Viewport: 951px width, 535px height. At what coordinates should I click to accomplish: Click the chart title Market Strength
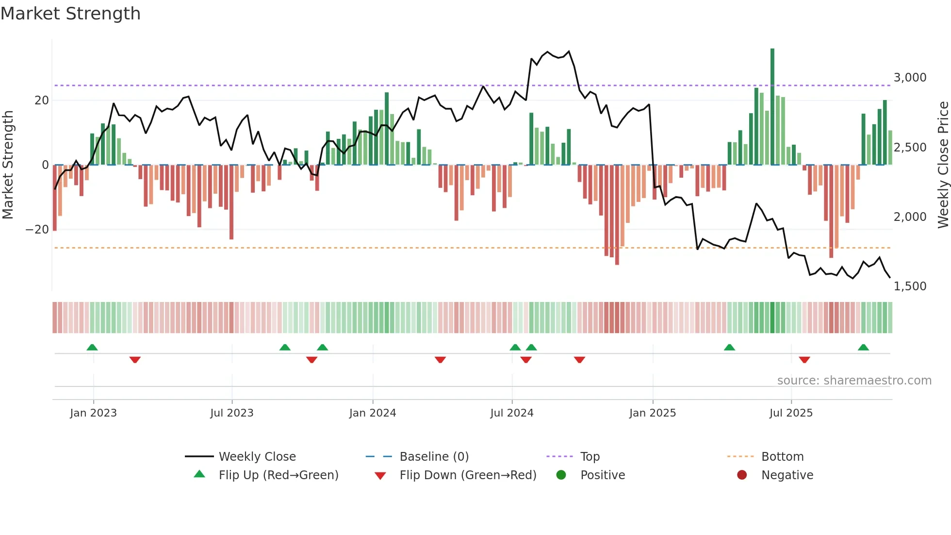coord(70,14)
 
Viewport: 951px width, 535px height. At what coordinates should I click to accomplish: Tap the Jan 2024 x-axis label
coord(372,413)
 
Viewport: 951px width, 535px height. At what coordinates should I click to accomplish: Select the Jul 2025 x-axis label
coord(790,413)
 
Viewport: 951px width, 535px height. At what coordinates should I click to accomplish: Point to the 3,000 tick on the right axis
coord(910,78)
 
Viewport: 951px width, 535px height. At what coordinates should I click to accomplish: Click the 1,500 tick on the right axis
coord(910,286)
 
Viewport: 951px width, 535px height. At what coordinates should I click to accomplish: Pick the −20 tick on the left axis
coord(37,230)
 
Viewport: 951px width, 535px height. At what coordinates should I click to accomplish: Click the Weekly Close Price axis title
coord(943,165)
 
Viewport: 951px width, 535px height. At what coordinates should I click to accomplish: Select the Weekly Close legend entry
coord(257,457)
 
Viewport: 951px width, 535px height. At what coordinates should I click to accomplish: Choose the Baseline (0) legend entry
coord(434,457)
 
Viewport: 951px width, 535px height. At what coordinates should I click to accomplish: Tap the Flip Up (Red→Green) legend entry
coord(278,475)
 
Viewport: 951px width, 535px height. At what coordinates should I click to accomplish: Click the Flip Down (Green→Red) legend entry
coord(468,475)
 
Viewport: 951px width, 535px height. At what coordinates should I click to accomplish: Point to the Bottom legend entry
coord(782,457)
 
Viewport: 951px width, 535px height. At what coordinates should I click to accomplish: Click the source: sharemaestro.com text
coord(854,381)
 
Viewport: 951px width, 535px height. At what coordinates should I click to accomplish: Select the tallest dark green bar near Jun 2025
coord(772,107)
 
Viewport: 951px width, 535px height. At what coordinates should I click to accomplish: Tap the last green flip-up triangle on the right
coord(863,348)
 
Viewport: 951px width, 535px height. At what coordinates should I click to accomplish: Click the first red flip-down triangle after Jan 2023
coord(135,360)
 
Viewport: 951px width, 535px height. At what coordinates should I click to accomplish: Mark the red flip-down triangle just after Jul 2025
coord(804,360)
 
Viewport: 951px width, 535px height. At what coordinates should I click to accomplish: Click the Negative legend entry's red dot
coord(742,475)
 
